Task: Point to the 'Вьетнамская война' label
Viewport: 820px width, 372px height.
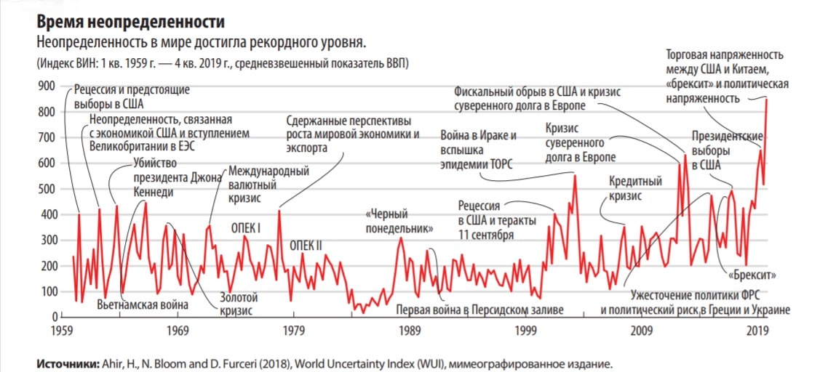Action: tap(143, 304)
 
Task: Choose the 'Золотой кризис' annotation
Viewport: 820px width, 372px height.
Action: tap(236, 304)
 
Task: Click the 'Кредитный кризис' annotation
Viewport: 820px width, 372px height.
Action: tap(634, 188)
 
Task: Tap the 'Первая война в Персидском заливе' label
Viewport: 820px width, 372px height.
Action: tap(479, 310)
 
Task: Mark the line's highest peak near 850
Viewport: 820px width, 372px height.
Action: tap(766, 100)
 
